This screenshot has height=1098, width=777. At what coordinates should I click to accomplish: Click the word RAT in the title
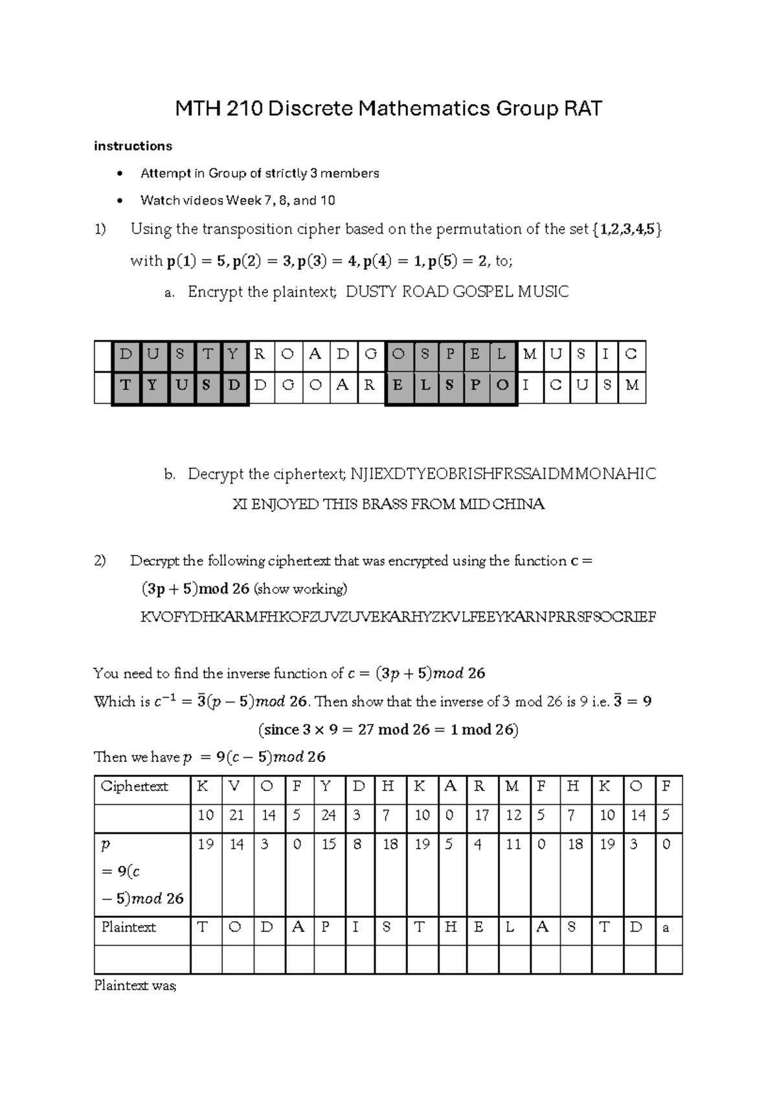582,109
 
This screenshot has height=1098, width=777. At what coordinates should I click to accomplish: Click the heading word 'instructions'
133,146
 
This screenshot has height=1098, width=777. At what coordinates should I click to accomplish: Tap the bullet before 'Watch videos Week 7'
118,201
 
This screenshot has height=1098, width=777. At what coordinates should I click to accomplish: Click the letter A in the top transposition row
315,354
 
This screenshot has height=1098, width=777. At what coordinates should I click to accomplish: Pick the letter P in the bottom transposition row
475,385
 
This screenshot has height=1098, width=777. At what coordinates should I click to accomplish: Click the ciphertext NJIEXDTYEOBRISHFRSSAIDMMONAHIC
502,474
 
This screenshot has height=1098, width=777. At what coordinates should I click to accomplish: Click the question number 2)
100,561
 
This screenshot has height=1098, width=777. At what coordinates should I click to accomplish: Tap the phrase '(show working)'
300,589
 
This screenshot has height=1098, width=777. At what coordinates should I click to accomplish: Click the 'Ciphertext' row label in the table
134,786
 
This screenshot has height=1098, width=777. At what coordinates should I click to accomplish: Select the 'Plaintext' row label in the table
128,927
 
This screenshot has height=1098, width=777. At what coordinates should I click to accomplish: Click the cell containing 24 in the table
328,815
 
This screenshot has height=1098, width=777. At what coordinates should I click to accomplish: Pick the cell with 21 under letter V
236,815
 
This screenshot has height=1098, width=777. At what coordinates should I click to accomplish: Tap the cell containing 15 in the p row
328,844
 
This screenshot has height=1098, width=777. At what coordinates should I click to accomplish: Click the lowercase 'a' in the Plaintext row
666,928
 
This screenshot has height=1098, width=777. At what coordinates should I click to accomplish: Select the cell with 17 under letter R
482,815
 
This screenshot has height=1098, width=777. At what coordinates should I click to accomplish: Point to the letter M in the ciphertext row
512,786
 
